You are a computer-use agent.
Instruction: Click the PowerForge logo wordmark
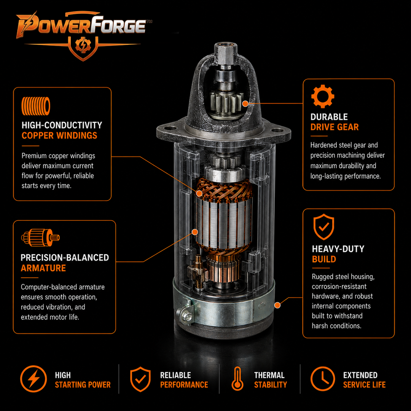pyautogui.click(x=81, y=25)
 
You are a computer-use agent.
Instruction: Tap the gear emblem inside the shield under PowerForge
pyautogui.click(x=83, y=45)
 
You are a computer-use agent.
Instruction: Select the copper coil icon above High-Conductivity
pyautogui.click(x=36, y=106)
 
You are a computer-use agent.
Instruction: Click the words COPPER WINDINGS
pyautogui.click(x=59, y=135)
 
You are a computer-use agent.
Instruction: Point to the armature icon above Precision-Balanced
pyautogui.click(x=40, y=237)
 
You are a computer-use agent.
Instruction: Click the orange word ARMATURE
pyautogui.click(x=43, y=268)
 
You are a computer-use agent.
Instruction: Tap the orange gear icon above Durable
pyautogui.click(x=323, y=96)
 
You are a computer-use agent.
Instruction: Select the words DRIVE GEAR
pyautogui.click(x=335, y=127)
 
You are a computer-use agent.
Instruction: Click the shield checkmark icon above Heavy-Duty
pyautogui.click(x=324, y=227)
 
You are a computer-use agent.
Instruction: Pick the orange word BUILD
pyautogui.click(x=324, y=259)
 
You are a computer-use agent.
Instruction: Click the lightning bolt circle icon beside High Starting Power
pyautogui.click(x=33, y=379)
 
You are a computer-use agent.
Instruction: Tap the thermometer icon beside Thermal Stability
pyautogui.click(x=237, y=379)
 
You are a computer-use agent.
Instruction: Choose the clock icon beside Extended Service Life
pyautogui.click(x=323, y=379)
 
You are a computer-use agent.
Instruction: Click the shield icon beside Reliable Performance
pyautogui.click(x=140, y=379)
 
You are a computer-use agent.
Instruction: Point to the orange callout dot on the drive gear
pyautogui.click(x=245, y=104)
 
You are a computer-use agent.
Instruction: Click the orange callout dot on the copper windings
pyautogui.click(x=199, y=194)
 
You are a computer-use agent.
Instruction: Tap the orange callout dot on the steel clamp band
pyautogui.click(x=277, y=305)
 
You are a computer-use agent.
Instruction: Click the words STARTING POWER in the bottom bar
pyautogui.click(x=83, y=385)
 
